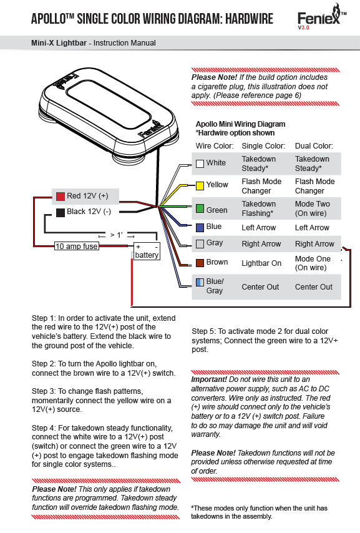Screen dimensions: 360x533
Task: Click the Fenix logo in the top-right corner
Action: click(x=321, y=17)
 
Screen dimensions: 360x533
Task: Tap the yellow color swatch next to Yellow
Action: click(x=200, y=185)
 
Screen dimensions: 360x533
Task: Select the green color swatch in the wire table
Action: click(x=200, y=208)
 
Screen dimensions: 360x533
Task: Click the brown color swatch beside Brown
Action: click(x=200, y=263)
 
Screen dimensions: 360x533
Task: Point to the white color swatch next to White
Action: click(x=200, y=164)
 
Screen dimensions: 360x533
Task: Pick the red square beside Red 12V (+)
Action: click(x=60, y=197)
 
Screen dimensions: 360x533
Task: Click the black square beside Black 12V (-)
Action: click(x=60, y=213)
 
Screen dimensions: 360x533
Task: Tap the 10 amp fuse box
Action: click(x=77, y=246)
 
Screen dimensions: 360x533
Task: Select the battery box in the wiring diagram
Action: click(x=147, y=251)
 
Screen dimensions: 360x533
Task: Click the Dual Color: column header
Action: click(x=314, y=146)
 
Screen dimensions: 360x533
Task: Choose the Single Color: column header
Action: click(x=263, y=146)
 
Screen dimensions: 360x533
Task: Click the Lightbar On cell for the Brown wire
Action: click(x=261, y=263)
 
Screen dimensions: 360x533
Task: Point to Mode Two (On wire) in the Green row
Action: click(x=313, y=208)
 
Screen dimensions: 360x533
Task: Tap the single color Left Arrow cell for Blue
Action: click(x=259, y=228)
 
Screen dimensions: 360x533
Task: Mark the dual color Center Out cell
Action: click(x=313, y=287)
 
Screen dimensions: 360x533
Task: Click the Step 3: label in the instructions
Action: click(x=44, y=391)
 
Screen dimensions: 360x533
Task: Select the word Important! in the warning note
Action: click(x=209, y=379)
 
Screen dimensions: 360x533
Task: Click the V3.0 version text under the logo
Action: click(x=303, y=27)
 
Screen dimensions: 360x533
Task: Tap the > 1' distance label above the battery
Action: click(x=116, y=235)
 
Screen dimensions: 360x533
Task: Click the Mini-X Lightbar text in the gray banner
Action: click(x=59, y=43)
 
